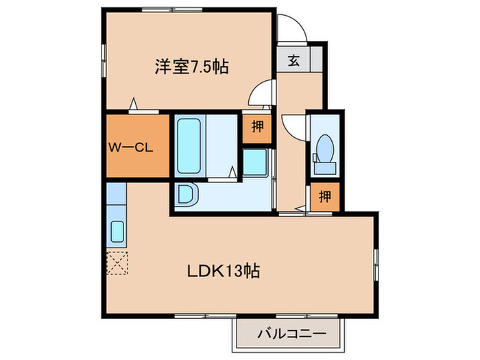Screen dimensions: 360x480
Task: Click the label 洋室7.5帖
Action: point(191,67)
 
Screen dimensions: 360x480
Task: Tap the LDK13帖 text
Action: point(224,271)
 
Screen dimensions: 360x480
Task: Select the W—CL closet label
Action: point(128,146)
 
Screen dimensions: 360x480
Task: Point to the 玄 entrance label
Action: point(293,60)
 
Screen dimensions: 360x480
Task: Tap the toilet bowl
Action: point(324,147)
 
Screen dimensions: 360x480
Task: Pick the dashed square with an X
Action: point(117,262)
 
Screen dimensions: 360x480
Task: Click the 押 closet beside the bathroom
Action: point(256,128)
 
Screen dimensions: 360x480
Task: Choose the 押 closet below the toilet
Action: point(324,197)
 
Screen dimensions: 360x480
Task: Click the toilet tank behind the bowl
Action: point(324,165)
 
